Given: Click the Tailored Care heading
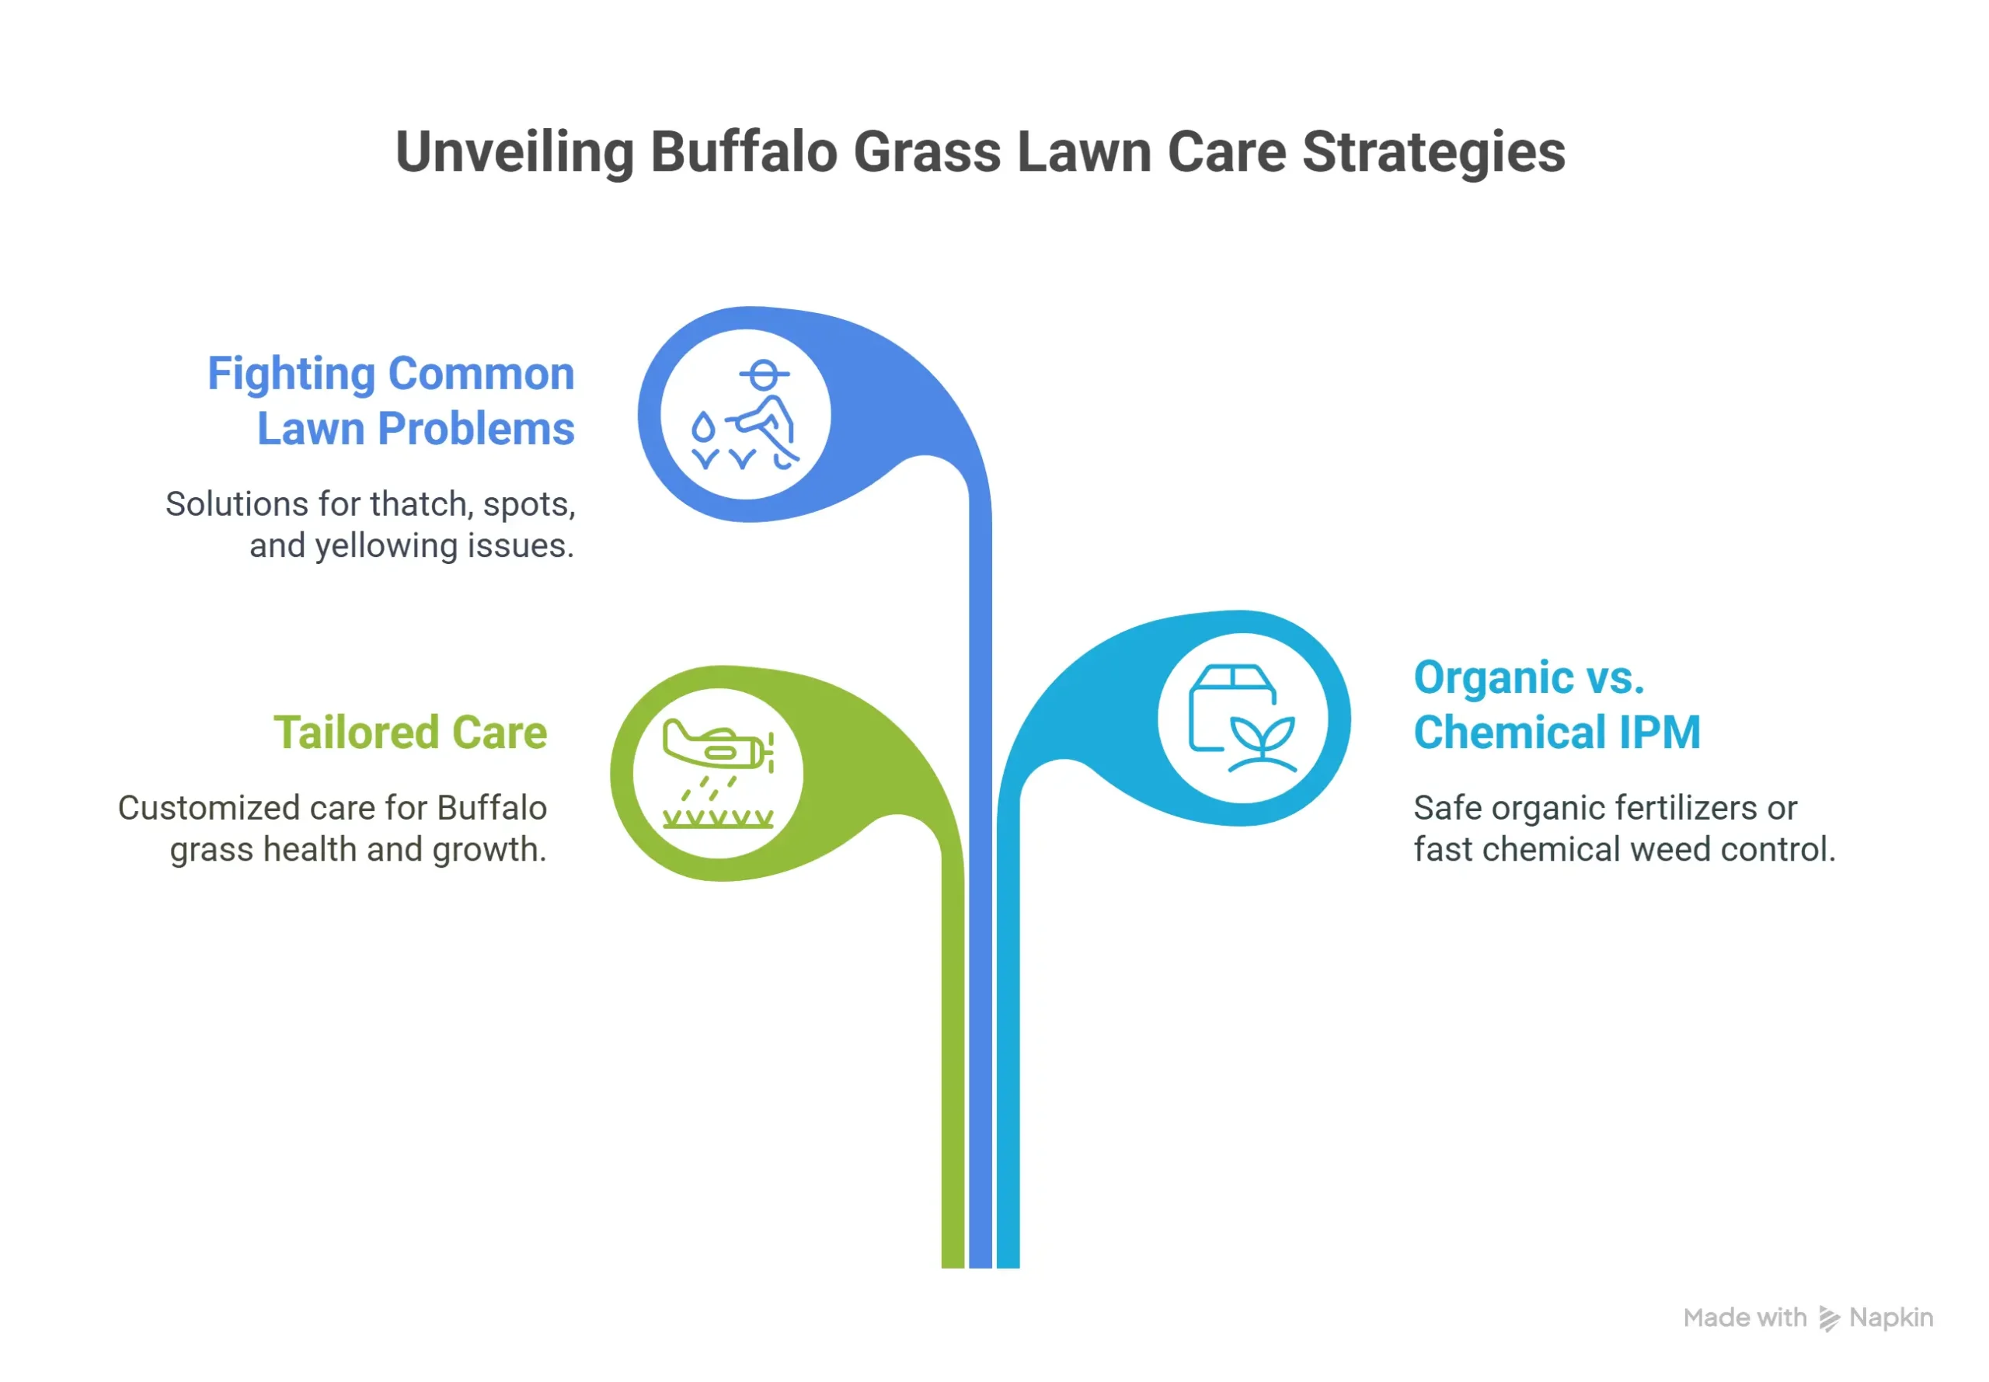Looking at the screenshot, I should pos(410,733).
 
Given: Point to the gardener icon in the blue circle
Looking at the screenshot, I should pos(747,414).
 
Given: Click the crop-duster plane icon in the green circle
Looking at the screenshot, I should pos(717,745).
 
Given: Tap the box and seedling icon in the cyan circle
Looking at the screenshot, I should pos(1242,719).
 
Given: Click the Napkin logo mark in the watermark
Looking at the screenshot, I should pos(1828,1319).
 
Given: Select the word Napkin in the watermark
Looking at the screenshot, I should pos(1890,1318).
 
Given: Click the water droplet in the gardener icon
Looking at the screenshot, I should pos(703,427).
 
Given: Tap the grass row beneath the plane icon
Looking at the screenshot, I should pos(717,818).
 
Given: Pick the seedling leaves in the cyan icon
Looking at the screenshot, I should pos(1263,736).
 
